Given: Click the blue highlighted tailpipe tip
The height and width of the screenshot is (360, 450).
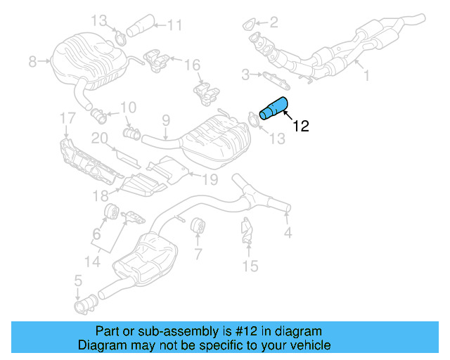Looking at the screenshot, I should pos(274,108).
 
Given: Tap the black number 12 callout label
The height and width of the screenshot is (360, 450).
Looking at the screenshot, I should pos(300,127).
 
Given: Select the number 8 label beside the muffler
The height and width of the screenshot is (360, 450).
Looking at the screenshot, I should pos(32,63).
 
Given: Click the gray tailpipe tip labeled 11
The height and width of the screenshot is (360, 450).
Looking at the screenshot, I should pos(139,27).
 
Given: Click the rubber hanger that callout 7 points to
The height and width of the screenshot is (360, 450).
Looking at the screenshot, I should pos(197,226).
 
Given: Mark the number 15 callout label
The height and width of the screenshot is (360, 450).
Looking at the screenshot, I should pos(250,266).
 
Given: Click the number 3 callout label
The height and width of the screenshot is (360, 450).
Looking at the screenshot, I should pos(246,74).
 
